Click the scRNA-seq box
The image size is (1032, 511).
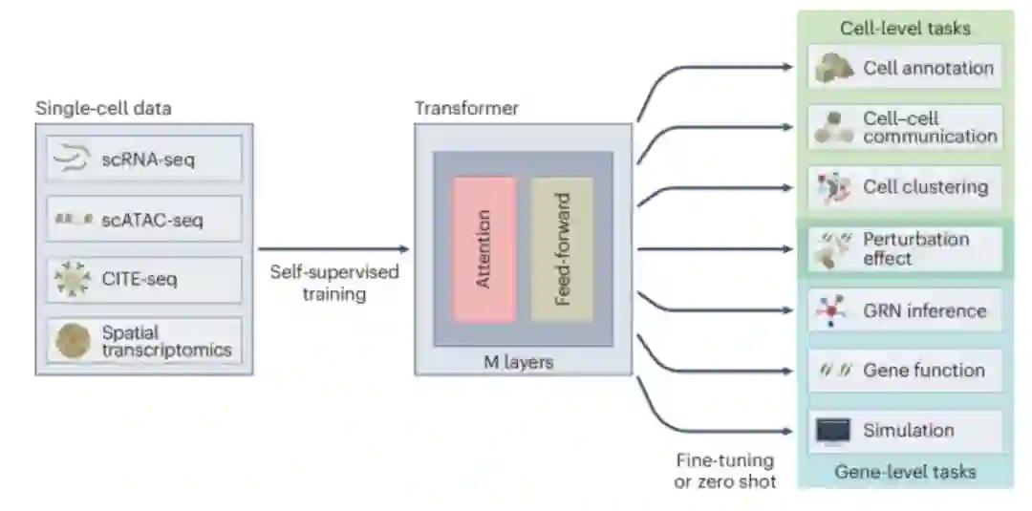pos(144,160)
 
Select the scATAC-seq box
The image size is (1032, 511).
pos(144,220)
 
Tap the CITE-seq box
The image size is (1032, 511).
pos(144,280)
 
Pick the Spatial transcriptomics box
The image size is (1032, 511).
pos(144,340)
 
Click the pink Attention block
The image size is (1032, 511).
pos(484,248)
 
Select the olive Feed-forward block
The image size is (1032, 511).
pos(562,248)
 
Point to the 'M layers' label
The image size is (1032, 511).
pos(522,362)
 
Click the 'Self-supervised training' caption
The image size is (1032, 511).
pos(333,283)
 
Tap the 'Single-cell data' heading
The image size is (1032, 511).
pos(103,108)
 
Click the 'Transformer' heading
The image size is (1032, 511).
pos(466,108)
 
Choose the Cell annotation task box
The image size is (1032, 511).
pos(905,68)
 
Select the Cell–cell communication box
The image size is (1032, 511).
pos(905,127)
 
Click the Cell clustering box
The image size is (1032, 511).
pos(905,186)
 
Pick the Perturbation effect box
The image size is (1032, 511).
pos(905,248)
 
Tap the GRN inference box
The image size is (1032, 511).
pos(905,310)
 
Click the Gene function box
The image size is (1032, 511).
pos(905,371)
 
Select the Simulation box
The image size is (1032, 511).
pos(905,431)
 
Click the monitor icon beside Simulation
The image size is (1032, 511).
pos(832,432)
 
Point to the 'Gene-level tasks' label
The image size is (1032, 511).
pos(905,472)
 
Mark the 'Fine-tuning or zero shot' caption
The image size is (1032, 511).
pos(725,470)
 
